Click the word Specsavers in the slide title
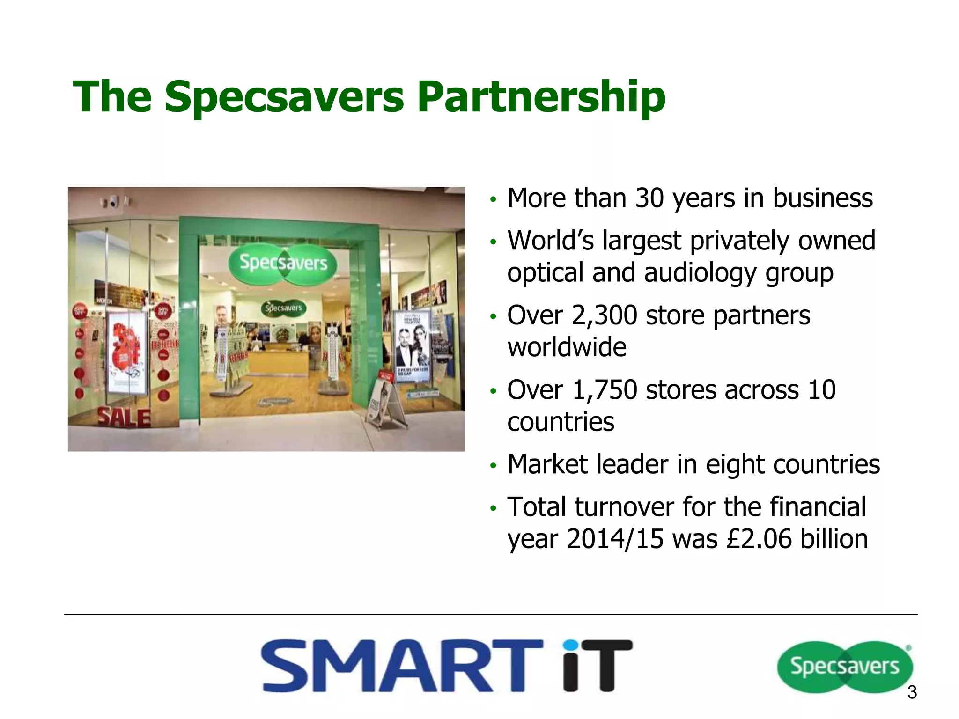coord(284,97)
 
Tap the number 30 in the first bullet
coord(649,198)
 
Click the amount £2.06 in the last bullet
coord(759,539)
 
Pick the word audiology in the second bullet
coord(700,273)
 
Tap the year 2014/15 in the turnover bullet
coord(615,539)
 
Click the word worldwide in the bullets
coord(567,347)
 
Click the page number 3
coord(912,692)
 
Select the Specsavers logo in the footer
coord(844,666)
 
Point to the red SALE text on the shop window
coord(124,418)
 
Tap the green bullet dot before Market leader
coord(492,466)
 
